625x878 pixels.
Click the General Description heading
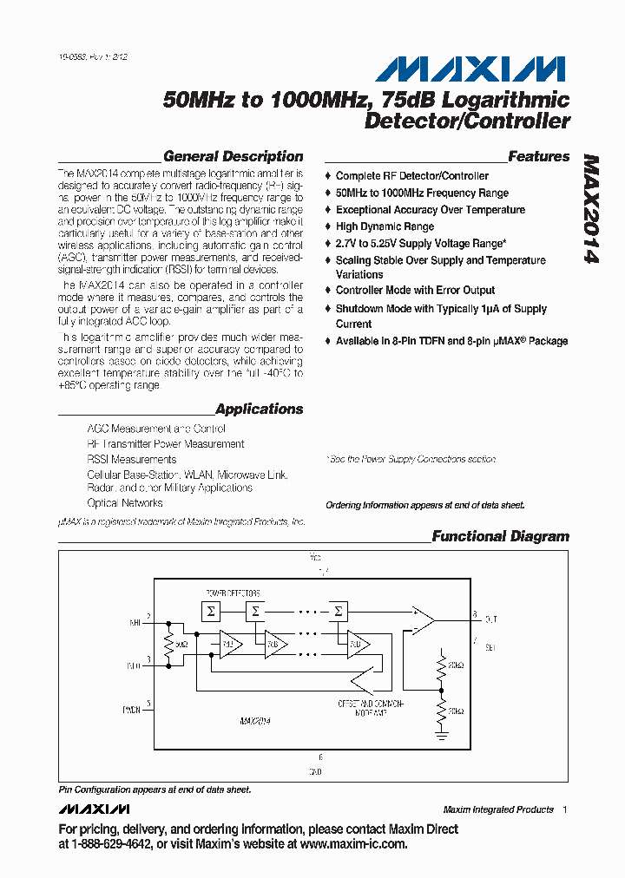pyautogui.click(x=233, y=157)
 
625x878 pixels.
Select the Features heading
pyautogui.click(x=538, y=157)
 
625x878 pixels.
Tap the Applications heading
pyautogui.click(x=259, y=410)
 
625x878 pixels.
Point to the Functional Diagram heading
pyautogui.click(x=500, y=536)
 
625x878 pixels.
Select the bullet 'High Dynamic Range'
pyautogui.click(x=385, y=226)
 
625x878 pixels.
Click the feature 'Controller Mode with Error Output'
pyautogui.click(x=415, y=291)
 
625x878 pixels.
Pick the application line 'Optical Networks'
pyautogui.click(x=124, y=503)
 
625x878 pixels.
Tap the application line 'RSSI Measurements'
pyautogui.click(x=131, y=460)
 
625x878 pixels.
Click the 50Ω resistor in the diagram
pyautogui.click(x=168, y=645)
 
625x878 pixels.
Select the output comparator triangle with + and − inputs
pyautogui.click(x=422, y=621)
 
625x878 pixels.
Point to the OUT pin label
pyautogui.click(x=491, y=619)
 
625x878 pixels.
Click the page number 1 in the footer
pyautogui.click(x=564, y=809)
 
